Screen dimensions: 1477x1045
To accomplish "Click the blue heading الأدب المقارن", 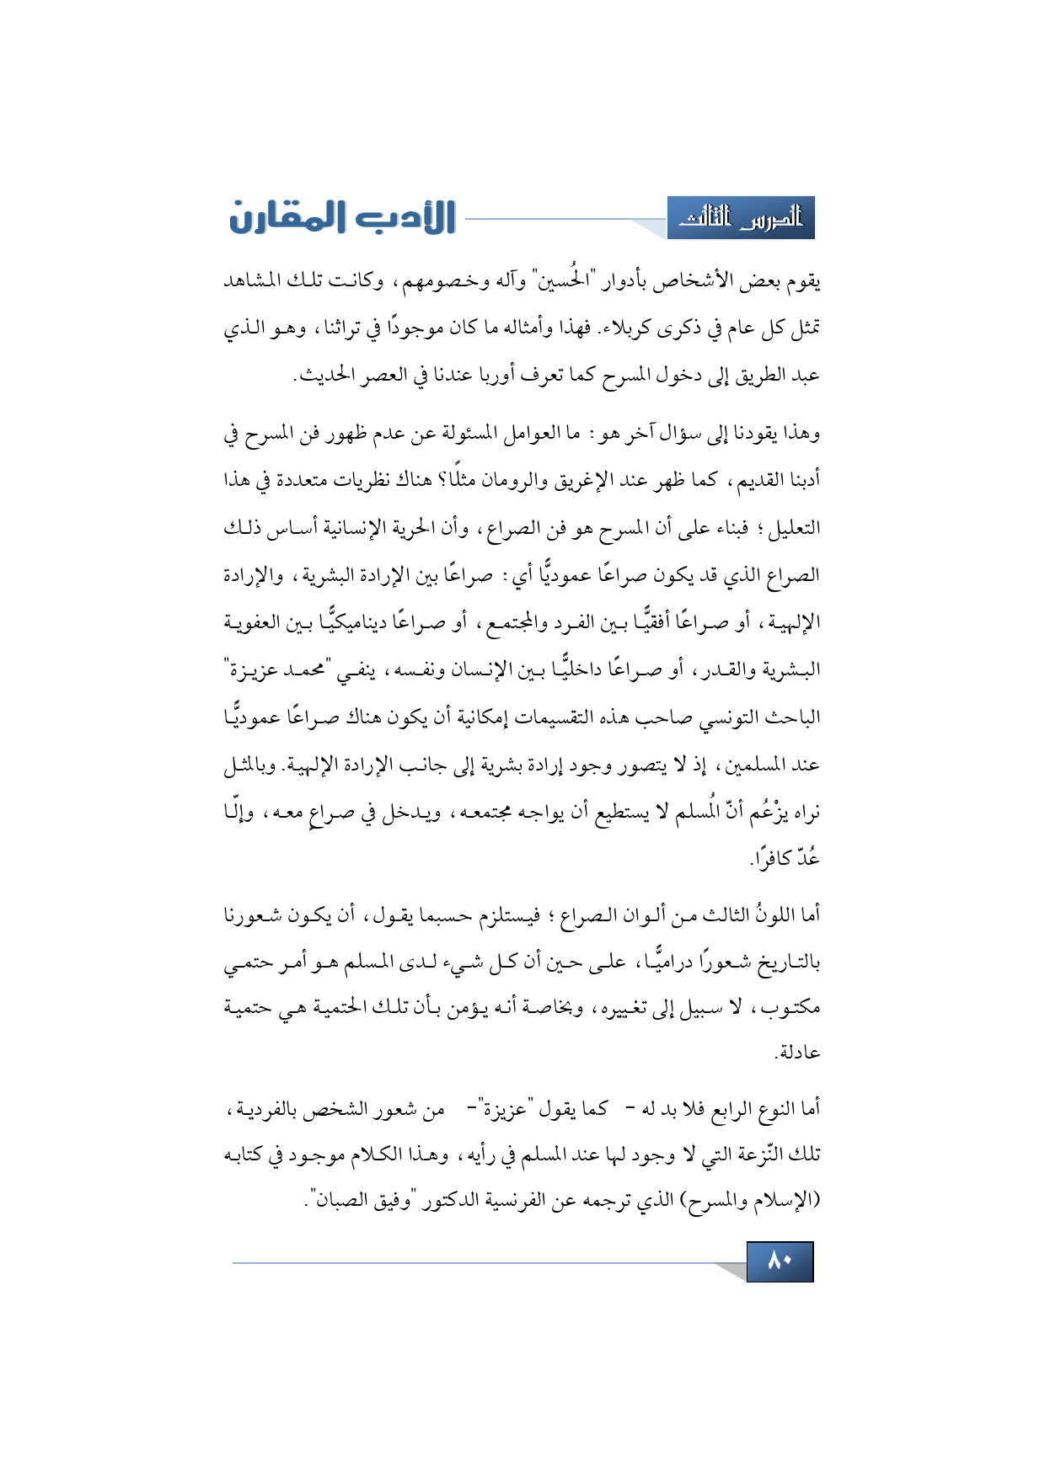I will tap(342, 217).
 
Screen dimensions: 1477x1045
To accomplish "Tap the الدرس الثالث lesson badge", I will tap(741, 218).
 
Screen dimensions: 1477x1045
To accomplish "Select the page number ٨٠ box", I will tap(780, 1261).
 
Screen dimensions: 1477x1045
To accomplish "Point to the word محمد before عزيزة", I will tap(306, 671).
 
